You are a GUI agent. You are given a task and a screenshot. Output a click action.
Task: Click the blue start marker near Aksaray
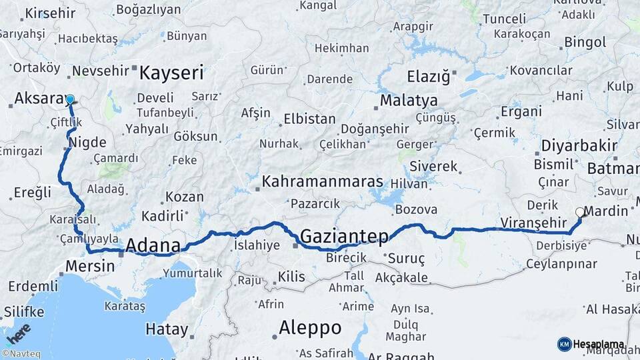click(x=70, y=99)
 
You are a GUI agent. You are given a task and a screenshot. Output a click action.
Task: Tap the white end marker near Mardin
click(x=579, y=213)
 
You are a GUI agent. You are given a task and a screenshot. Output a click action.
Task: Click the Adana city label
click(x=153, y=245)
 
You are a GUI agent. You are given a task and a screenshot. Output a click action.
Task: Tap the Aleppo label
click(x=310, y=327)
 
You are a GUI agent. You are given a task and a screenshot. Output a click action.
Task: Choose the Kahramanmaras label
click(x=323, y=181)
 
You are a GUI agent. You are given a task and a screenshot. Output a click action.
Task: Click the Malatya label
click(x=409, y=101)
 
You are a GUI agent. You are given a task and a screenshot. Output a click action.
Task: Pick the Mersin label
click(x=90, y=266)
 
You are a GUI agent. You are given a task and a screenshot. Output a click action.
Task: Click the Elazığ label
click(x=428, y=76)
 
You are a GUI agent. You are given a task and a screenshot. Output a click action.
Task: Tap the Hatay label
click(x=167, y=329)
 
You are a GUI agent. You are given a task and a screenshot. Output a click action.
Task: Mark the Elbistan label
click(x=309, y=119)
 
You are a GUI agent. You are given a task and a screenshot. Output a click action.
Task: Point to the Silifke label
click(x=24, y=311)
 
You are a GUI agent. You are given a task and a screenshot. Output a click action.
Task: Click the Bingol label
click(x=585, y=43)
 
